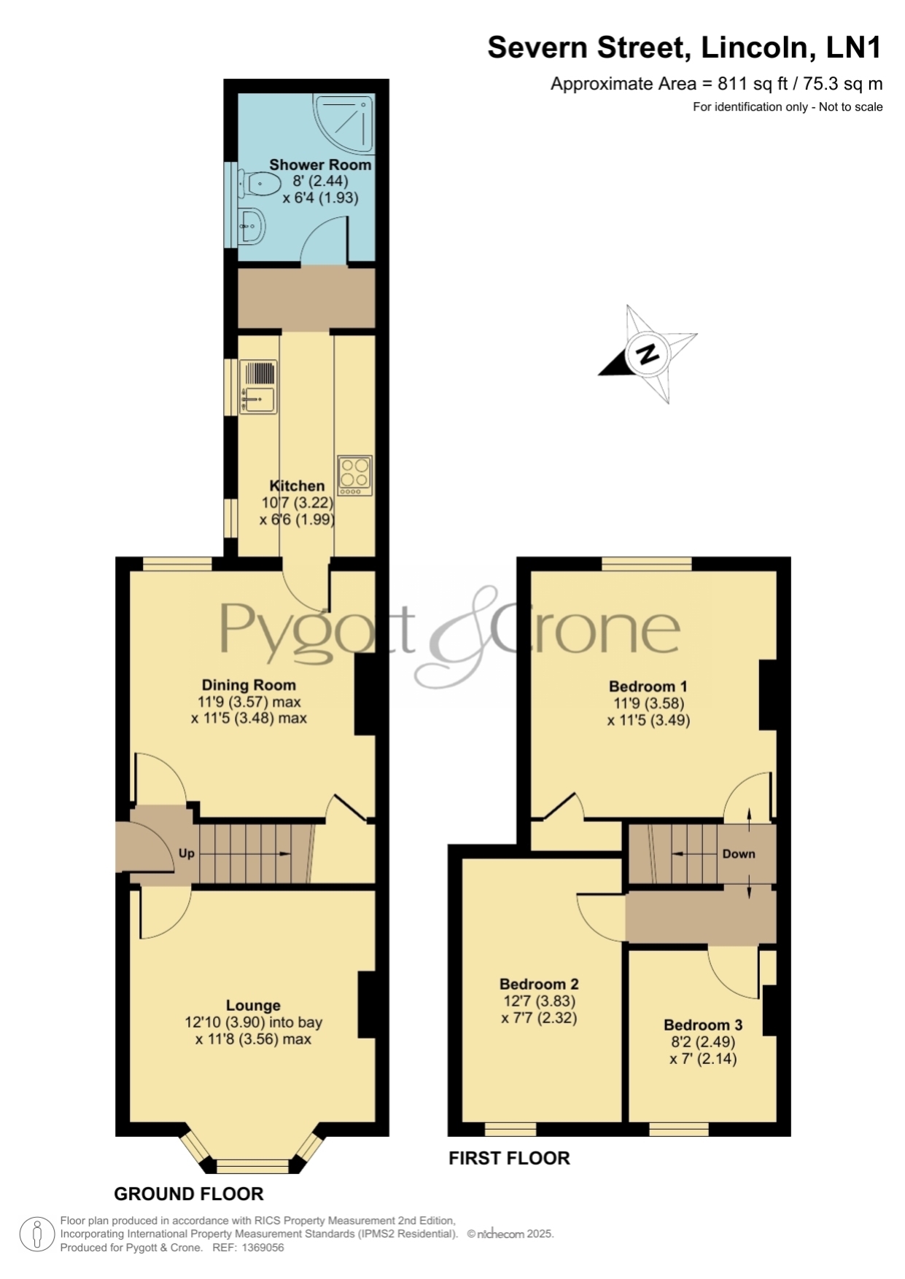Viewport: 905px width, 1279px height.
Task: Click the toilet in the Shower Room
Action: tap(259, 183)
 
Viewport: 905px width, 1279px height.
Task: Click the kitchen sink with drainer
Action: tap(258, 387)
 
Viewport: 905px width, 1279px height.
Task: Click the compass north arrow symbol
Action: tap(648, 354)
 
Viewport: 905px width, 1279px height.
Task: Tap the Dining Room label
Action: tap(249, 685)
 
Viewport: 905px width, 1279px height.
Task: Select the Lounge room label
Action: tap(253, 1006)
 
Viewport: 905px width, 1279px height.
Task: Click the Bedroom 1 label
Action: tap(648, 687)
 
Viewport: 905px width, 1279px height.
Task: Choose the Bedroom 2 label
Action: tap(539, 984)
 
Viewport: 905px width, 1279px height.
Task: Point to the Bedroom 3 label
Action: tap(703, 1025)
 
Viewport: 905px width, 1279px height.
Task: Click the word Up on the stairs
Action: tap(187, 853)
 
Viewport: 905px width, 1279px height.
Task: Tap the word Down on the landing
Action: tap(739, 854)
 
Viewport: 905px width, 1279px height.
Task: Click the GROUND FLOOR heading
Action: tap(189, 1194)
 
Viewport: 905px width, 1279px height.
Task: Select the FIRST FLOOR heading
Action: tap(509, 1158)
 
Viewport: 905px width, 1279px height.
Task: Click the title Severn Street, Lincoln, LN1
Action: tap(685, 47)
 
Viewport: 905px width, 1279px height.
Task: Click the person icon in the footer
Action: tap(36, 1235)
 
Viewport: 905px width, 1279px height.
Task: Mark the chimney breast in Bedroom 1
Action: tap(768, 695)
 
